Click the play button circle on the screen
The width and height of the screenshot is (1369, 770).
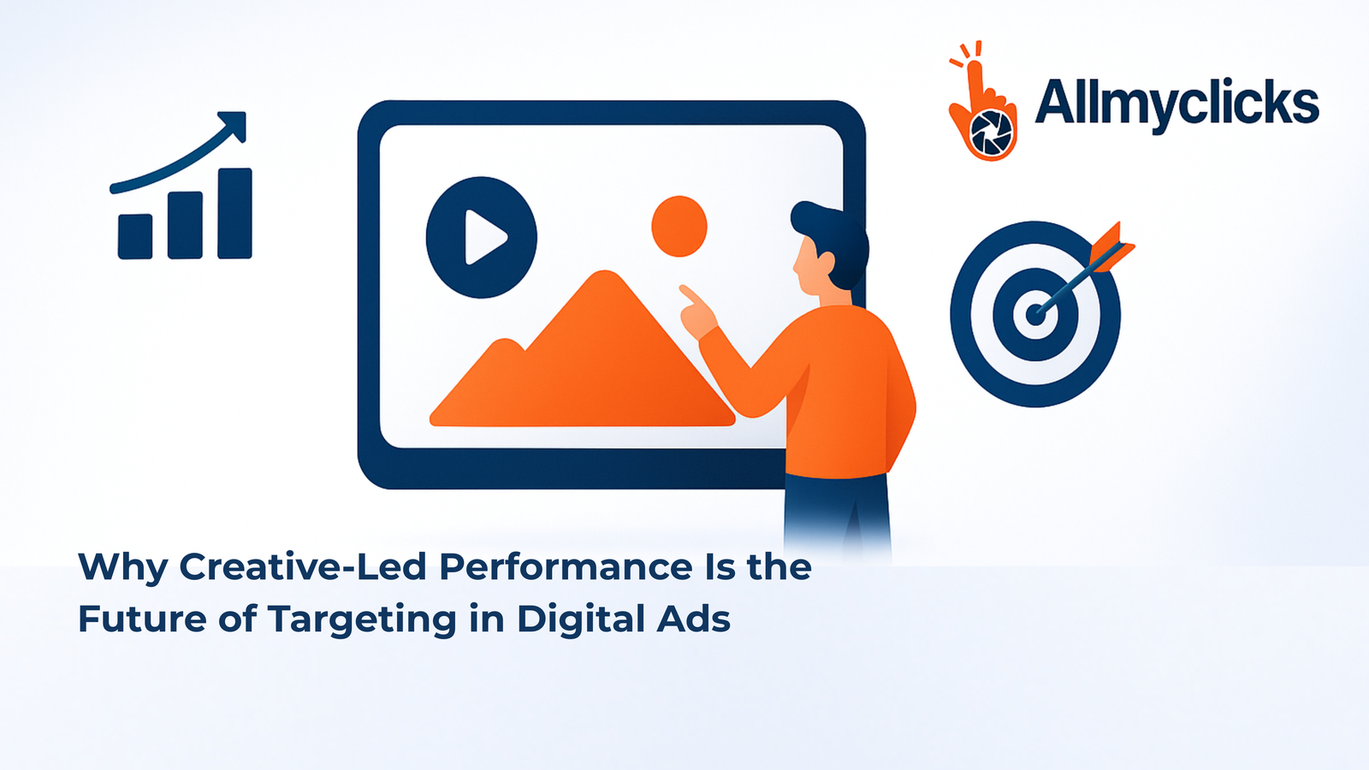[481, 237]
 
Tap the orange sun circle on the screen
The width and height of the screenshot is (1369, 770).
[679, 226]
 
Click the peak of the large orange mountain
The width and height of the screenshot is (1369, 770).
[605, 277]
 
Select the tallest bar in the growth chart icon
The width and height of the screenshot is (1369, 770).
[234, 213]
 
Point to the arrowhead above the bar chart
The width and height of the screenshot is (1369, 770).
[234, 124]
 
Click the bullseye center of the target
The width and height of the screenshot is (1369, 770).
[1034, 314]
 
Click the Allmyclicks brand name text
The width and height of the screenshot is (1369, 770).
[1176, 104]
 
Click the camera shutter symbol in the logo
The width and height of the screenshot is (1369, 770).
[993, 133]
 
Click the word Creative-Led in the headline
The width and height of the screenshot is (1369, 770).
[302, 567]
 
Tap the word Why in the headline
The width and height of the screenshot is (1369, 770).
[121, 568]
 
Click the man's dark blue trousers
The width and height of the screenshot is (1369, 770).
[836, 513]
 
